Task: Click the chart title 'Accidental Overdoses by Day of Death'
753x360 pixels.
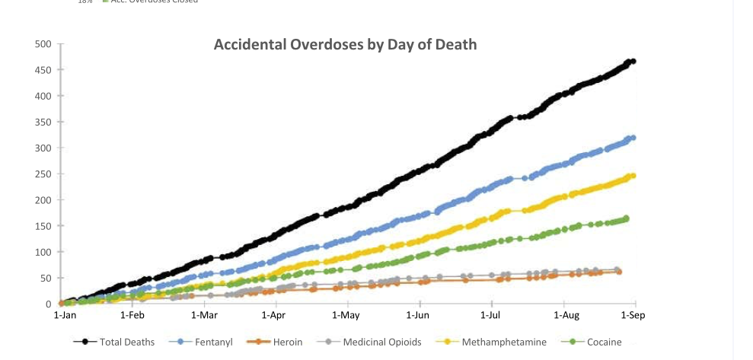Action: pos(345,44)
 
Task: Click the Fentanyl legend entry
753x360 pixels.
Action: pos(200,342)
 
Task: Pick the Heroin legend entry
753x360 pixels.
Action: pos(275,342)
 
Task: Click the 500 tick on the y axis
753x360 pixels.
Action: pos(43,44)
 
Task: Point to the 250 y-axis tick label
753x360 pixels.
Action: pos(43,174)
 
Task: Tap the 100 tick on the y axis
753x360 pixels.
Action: pos(43,252)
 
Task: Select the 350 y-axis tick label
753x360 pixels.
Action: pos(43,122)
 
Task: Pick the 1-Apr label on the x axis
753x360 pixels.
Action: pos(273,315)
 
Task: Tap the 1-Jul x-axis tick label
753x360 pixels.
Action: pos(490,315)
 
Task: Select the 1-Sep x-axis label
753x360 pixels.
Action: pos(633,315)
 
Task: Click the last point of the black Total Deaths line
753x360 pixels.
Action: pos(633,61)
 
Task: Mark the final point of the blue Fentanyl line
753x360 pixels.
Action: pos(633,138)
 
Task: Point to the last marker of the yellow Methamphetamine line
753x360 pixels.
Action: pos(633,176)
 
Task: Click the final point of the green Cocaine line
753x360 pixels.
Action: pos(627,218)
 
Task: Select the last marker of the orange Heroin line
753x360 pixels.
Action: pos(619,272)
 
